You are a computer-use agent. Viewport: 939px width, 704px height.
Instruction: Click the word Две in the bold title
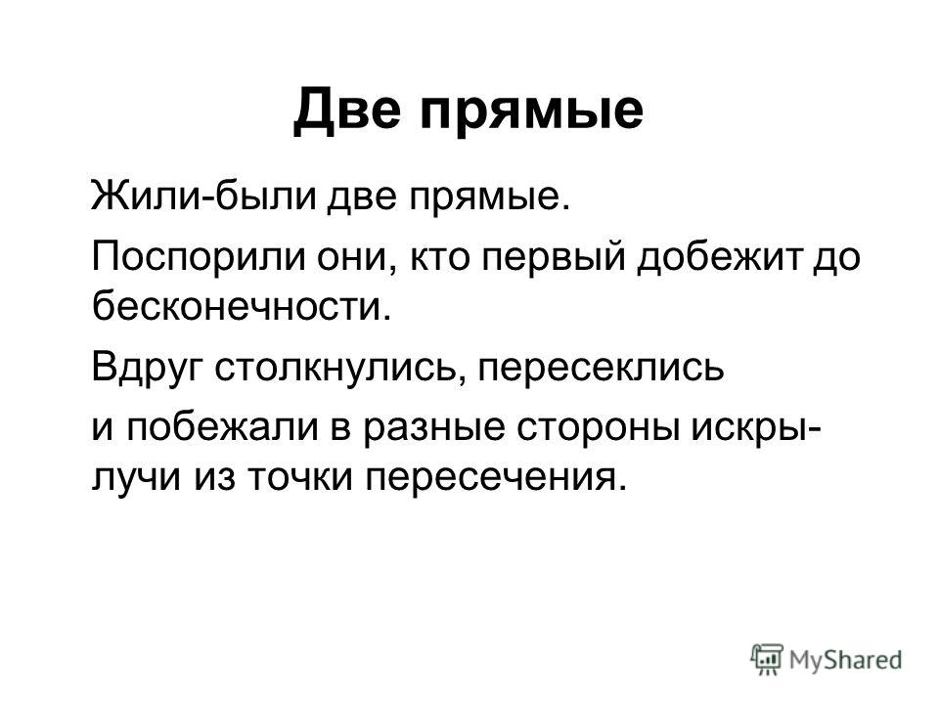coord(346,110)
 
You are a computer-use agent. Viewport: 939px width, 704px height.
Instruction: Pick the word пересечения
coord(490,478)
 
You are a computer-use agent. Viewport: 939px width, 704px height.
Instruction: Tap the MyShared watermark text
coord(845,660)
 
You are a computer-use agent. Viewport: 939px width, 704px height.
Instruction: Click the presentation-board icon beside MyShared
coord(768,659)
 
